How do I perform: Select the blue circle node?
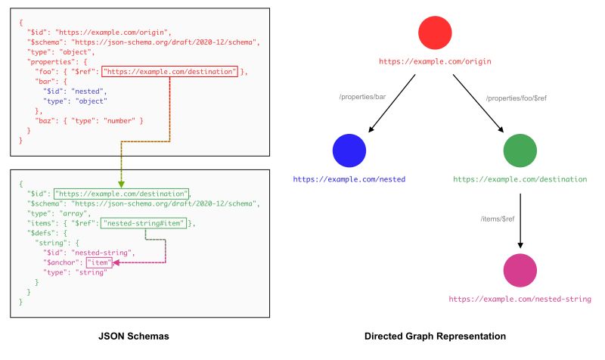(x=349, y=150)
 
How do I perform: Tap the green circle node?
(x=520, y=150)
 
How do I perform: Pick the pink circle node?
(x=520, y=270)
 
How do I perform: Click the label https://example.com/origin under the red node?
(x=435, y=60)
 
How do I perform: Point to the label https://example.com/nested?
(x=349, y=179)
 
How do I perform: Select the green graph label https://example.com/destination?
(x=520, y=179)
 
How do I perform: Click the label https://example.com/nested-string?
(x=520, y=299)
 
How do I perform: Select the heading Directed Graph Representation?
(x=435, y=335)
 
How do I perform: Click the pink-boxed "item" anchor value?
(x=99, y=262)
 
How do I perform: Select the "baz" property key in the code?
(x=47, y=121)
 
